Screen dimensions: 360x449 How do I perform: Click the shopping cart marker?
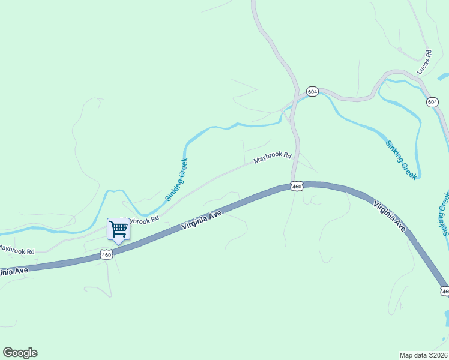[x=118, y=229]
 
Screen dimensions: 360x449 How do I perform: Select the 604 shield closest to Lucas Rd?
[x=433, y=102]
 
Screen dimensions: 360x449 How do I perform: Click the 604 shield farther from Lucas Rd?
[x=312, y=91]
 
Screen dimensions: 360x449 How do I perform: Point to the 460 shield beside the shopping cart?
[x=106, y=255]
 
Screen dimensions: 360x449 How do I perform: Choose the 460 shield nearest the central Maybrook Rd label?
[x=297, y=187]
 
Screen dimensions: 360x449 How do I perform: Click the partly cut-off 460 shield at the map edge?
[x=444, y=292]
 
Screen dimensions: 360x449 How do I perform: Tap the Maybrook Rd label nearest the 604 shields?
[x=272, y=158]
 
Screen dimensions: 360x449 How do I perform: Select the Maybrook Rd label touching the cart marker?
[x=143, y=220]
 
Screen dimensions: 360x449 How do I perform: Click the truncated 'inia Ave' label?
[x=13, y=271]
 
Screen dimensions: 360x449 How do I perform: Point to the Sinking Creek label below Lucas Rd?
[x=401, y=159]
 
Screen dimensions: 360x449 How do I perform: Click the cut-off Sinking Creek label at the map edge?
[x=444, y=213]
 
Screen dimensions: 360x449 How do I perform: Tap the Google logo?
[x=20, y=353]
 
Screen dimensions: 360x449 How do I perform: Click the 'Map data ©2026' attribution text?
[x=423, y=355]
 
